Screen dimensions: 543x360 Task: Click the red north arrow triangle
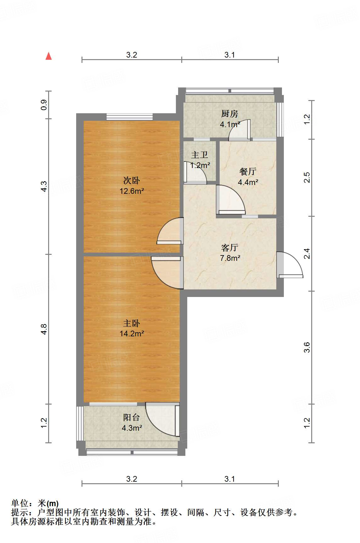pyautogui.click(x=48, y=56)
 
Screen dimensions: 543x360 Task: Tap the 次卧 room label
pyautogui.click(x=132, y=181)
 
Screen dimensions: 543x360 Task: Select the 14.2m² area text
pyautogui.click(x=132, y=333)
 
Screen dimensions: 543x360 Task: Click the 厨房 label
pyautogui.click(x=230, y=114)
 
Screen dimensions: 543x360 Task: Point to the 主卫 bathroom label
pyautogui.click(x=200, y=155)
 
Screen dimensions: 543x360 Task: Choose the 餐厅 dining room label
pyautogui.click(x=248, y=171)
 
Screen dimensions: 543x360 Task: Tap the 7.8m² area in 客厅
pyautogui.click(x=230, y=258)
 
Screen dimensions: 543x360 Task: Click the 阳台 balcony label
pyautogui.click(x=132, y=417)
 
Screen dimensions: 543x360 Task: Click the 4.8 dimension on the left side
pyautogui.click(x=44, y=329)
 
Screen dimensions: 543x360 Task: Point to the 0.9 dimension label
pyautogui.click(x=44, y=104)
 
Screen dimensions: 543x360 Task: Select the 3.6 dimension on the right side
pyautogui.click(x=307, y=347)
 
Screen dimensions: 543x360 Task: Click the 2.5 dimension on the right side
pyautogui.click(x=307, y=177)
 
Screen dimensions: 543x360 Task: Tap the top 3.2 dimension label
pyautogui.click(x=132, y=55)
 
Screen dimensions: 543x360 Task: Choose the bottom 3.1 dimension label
pyautogui.click(x=230, y=479)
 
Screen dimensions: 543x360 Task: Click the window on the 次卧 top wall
pyautogui.click(x=130, y=117)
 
